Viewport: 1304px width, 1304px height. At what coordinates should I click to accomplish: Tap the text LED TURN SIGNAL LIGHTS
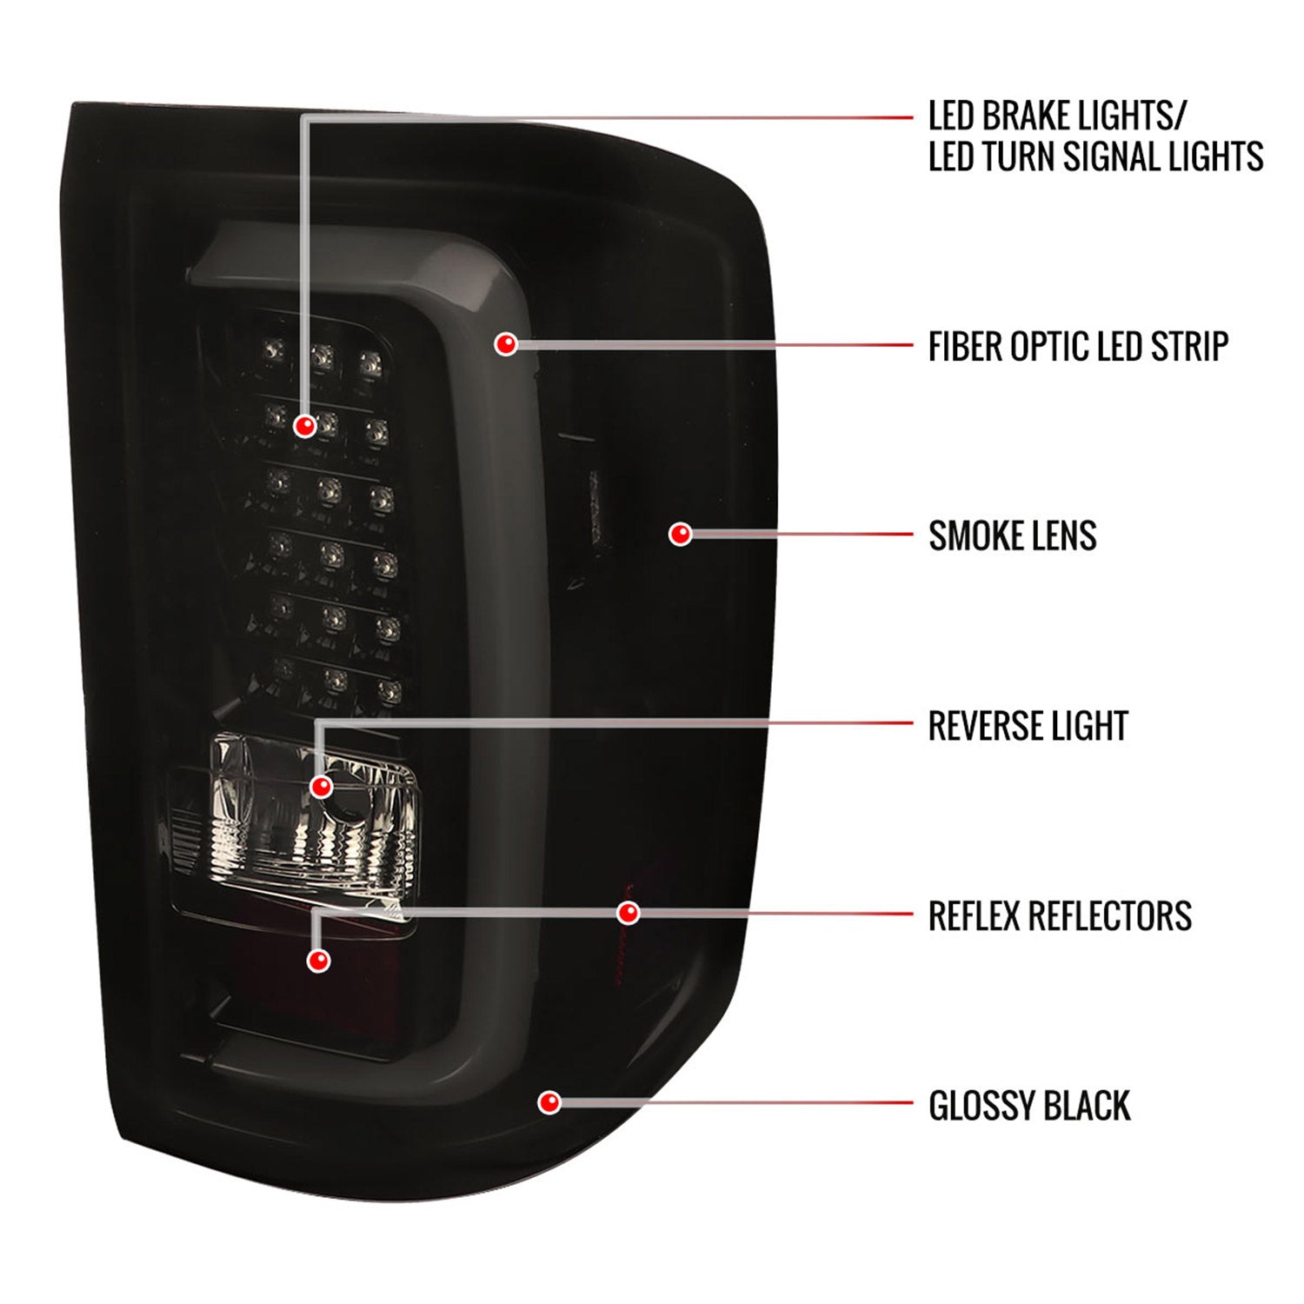pyautogui.click(x=1095, y=157)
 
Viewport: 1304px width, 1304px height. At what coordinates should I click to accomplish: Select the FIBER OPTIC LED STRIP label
pyautogui.click(x=1078, y=347)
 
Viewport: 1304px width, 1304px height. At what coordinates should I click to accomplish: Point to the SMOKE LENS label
pyautogui.click(x=1013, y=536)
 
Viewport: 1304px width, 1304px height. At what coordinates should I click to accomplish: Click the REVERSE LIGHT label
pyautogui.click(x=1028, y=726)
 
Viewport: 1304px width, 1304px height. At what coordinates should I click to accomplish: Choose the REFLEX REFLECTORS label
pyautogui.click(x=1060, y=916)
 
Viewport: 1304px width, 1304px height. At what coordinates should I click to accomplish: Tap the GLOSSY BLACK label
pyautogui.click(x=1029, y=1106)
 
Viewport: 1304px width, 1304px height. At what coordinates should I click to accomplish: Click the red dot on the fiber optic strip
pyautogui.click(x=506, y=344)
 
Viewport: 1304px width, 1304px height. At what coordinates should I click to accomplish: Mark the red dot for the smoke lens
pyautogui.click(x=680, y=534)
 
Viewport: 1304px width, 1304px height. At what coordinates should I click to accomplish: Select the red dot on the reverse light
pyautogui.click(x=321, y=787)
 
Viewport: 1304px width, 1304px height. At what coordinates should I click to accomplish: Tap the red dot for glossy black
pyautogui.click(x=549, y=1103)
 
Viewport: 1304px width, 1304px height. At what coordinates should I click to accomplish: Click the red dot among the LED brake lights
pyautogui.click(x=305, y=426)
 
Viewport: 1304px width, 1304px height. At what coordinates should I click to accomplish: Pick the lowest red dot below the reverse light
pyautogui.click(x=319, y=960)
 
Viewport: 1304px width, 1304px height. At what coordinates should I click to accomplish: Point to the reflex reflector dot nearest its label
pyautogui.click(x=628, y=913)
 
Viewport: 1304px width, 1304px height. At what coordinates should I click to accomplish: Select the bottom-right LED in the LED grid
pyautogui.click(x=389, y=692)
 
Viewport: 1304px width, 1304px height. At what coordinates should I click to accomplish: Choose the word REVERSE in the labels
pyautogui.click(x=978, y=726)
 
